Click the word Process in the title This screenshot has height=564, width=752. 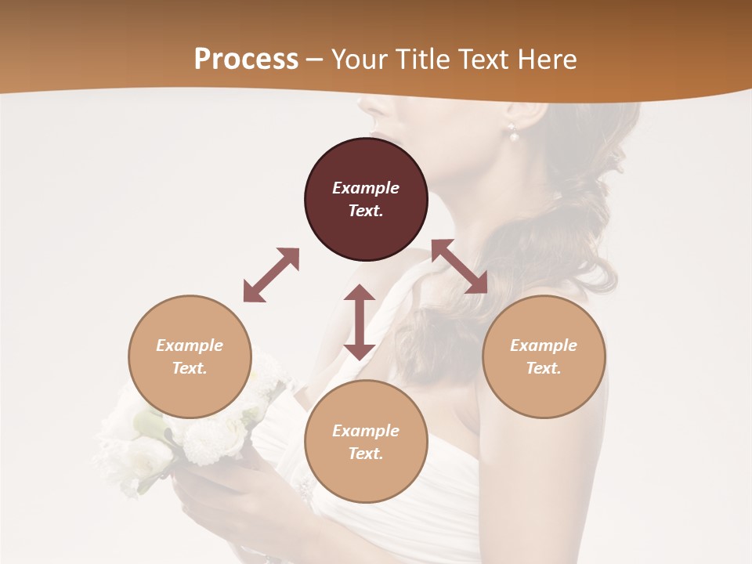click(246, 60)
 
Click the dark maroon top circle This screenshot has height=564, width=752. click(366, 200)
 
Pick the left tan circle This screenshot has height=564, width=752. click(190, 357)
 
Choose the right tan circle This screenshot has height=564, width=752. click(544, 357)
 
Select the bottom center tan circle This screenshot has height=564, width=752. click(366, 443)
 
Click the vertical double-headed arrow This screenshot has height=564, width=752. click(360, 322)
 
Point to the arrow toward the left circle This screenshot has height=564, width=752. click(271, 275)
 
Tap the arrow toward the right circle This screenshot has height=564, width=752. click(459, 266)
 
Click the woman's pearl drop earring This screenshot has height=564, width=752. click(515, 136)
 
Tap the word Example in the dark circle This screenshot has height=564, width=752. click(366, 188)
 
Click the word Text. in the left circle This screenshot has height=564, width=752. click(190, 368)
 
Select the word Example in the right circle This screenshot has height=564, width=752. click(544, 345)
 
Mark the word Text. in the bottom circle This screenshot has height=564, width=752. click(366, 454)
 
